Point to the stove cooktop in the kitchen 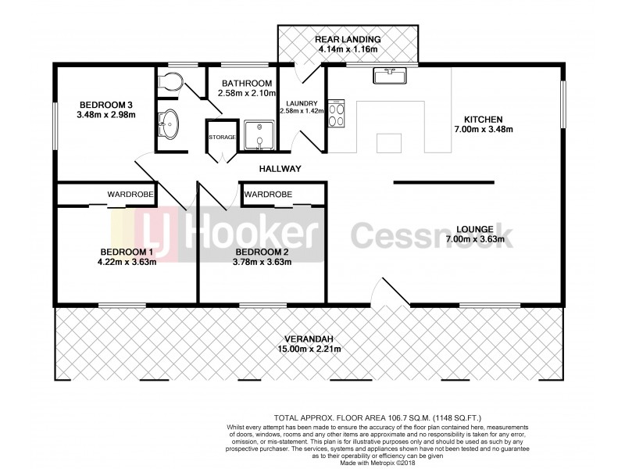[x=337, y=116]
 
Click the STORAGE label [x=221, y=138]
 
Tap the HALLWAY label [x=280, y=169]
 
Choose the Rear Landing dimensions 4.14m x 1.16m [x=348, y=50]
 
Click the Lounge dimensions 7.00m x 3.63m [x=474, y=238]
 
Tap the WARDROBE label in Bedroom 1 [x=130, y=194]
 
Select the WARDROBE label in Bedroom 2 [x=268, y=194]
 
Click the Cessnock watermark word [x=430, y=234]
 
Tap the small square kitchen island [x=388, y=143]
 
